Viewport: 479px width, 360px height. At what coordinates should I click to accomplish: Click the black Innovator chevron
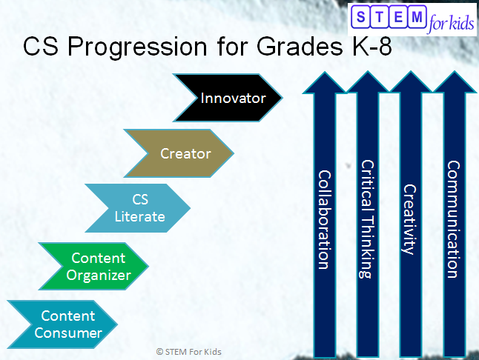230,97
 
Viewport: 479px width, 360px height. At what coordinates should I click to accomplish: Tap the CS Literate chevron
139,208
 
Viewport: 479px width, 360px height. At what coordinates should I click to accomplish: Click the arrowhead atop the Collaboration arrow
324,81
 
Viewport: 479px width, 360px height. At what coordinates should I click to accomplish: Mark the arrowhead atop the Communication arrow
452,81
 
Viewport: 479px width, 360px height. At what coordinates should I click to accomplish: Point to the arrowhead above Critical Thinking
366,81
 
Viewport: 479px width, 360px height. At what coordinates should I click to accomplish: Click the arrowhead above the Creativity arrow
409,81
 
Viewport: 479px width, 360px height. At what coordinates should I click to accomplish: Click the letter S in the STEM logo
361,17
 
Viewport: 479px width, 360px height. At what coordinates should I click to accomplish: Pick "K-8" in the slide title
365,47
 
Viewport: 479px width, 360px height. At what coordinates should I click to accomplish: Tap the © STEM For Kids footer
188,351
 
